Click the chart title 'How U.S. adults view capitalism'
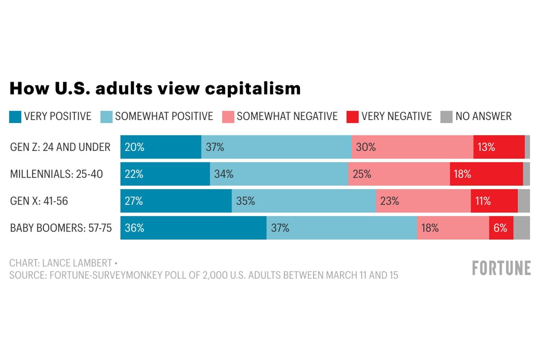(x=155, y=88)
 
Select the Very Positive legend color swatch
(x=15, y=117)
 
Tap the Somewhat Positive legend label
(x=164, y=116)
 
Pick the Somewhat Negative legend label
(x=287, y=116)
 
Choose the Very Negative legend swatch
(x=352, y=117)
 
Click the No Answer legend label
(x=483, y=116)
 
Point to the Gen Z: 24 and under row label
(x=60, y=147)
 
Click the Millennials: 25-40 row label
(x=56, y=174)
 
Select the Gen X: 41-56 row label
(x=39, y=201)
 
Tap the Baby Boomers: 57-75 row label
(x=61, y=228)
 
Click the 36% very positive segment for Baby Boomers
(x=193, y=228)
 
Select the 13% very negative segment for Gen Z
(x=499, y=147)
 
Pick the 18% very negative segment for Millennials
(x=486, y=174)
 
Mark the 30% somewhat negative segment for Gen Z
(x=412, y=147)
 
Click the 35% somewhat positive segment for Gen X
(x=304, y=201)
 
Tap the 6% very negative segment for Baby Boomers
(x=501, y=228)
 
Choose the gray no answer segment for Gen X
(x=524, y=201)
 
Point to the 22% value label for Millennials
(x=134, y=174)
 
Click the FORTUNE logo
(x=501, y=268)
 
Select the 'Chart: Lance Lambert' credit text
(x=61, y=263)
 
